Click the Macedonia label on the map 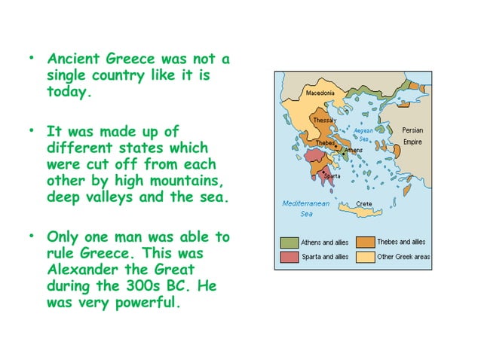tap(321, 93)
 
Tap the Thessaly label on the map tap(324, 121)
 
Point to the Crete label tap(365, 204)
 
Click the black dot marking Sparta tap(323, 172)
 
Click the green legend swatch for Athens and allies tap(290, 243)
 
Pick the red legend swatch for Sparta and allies tap(290, 257)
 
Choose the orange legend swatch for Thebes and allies tap(366, 243)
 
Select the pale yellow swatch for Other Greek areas tap(366, 257)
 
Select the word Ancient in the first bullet tap(72, 58)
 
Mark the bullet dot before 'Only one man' tap(32, 233)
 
